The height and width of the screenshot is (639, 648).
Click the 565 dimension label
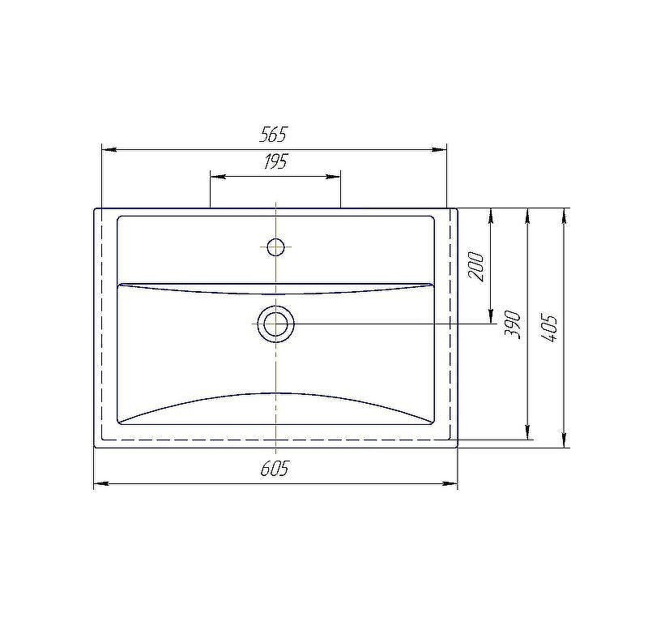273,134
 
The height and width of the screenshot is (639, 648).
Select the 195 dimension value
275,161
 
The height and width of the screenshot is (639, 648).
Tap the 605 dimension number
275,469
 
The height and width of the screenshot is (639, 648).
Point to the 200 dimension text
475,267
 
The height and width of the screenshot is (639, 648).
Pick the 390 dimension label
513,324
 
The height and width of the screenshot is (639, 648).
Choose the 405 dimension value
549,328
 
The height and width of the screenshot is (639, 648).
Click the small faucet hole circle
275,247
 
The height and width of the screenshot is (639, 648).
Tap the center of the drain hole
275,324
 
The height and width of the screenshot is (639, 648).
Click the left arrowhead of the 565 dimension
109,149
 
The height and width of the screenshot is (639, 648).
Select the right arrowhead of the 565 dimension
440,149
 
